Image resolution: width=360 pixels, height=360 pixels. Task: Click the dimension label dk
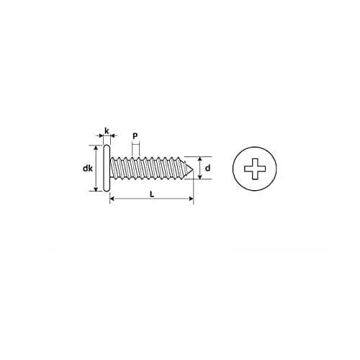[x=86, y=168]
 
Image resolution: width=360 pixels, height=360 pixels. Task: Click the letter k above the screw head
[x=107, y=131]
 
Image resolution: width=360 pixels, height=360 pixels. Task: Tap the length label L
[x=151, y=194]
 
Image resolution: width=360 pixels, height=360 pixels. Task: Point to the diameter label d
[x=207, y=168]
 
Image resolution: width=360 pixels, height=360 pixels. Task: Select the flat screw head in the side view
[x=107, y=168]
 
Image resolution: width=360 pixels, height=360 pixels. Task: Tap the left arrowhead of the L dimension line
[x=112, y=199]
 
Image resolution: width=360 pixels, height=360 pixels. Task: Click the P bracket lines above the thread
[x=135, y=146]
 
